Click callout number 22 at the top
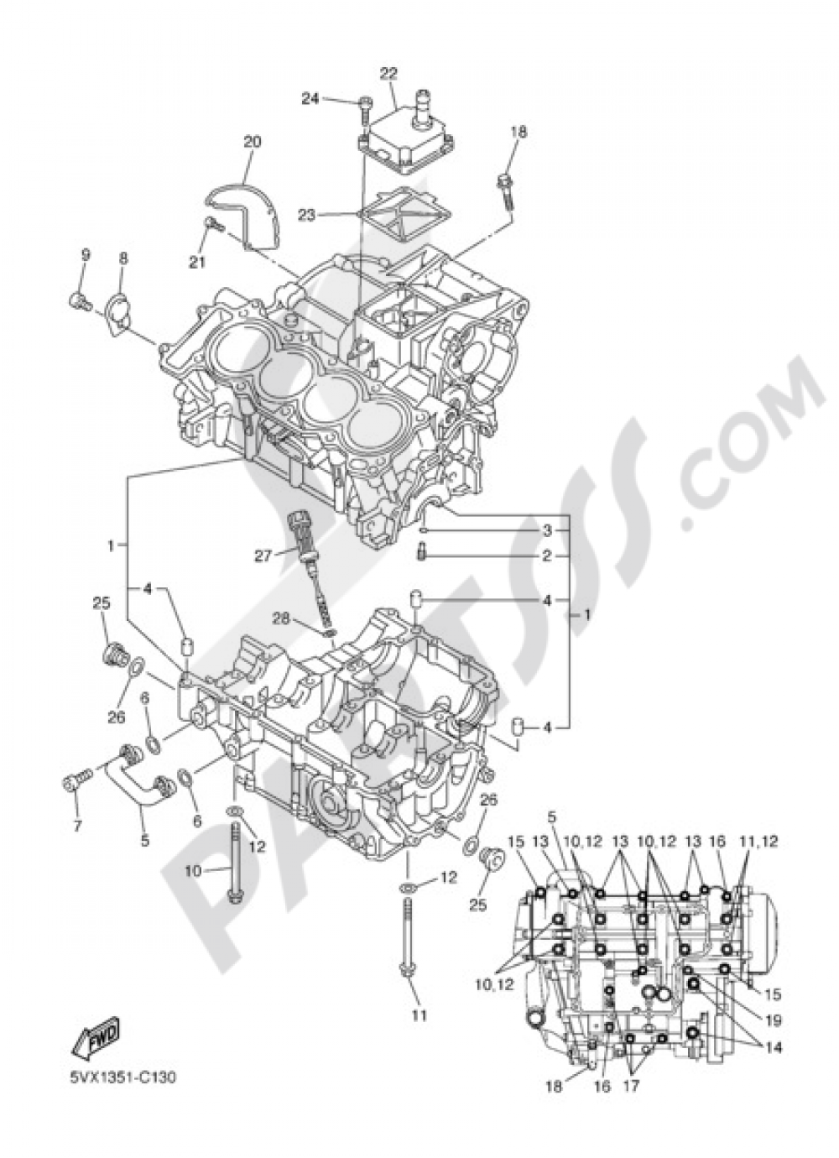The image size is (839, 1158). point(387,73)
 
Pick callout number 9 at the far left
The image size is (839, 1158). point(85,254)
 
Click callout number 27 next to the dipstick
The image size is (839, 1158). point(264,555)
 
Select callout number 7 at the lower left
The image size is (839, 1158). point(77,826)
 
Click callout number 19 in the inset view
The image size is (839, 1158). point(773,1020)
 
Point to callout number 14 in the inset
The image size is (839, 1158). point(773,1048)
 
